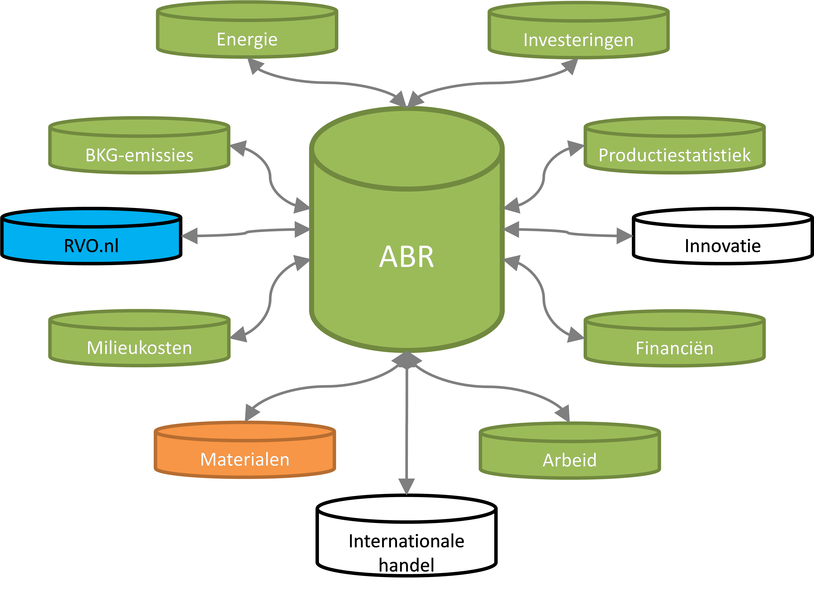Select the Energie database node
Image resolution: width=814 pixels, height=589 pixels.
[247, 39]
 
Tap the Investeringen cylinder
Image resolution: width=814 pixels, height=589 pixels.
[578, 40]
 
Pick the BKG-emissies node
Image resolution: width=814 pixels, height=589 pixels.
[139, 155]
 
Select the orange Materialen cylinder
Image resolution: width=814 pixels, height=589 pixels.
[245, 459]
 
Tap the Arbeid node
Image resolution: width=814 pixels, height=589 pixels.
[569, 460]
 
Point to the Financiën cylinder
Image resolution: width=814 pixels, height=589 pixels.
[674, 348]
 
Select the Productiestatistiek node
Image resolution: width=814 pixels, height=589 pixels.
[674, 155]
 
